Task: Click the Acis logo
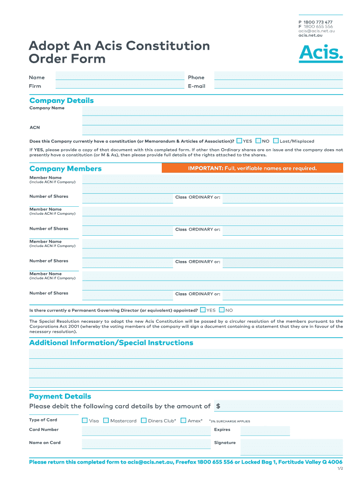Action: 321,53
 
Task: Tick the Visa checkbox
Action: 85,421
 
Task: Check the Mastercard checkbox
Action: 106,421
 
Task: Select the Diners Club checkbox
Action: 144,421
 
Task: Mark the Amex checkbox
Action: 183,421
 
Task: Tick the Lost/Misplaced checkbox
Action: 276,141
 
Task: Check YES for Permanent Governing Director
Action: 202,310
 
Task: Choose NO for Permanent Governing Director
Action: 222,310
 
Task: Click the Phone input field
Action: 278,76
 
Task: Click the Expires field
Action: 265,431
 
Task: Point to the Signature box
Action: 292,447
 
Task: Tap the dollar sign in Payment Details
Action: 218,406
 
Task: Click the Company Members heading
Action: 65,168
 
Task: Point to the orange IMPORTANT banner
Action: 252,168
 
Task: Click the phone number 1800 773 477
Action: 318,22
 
